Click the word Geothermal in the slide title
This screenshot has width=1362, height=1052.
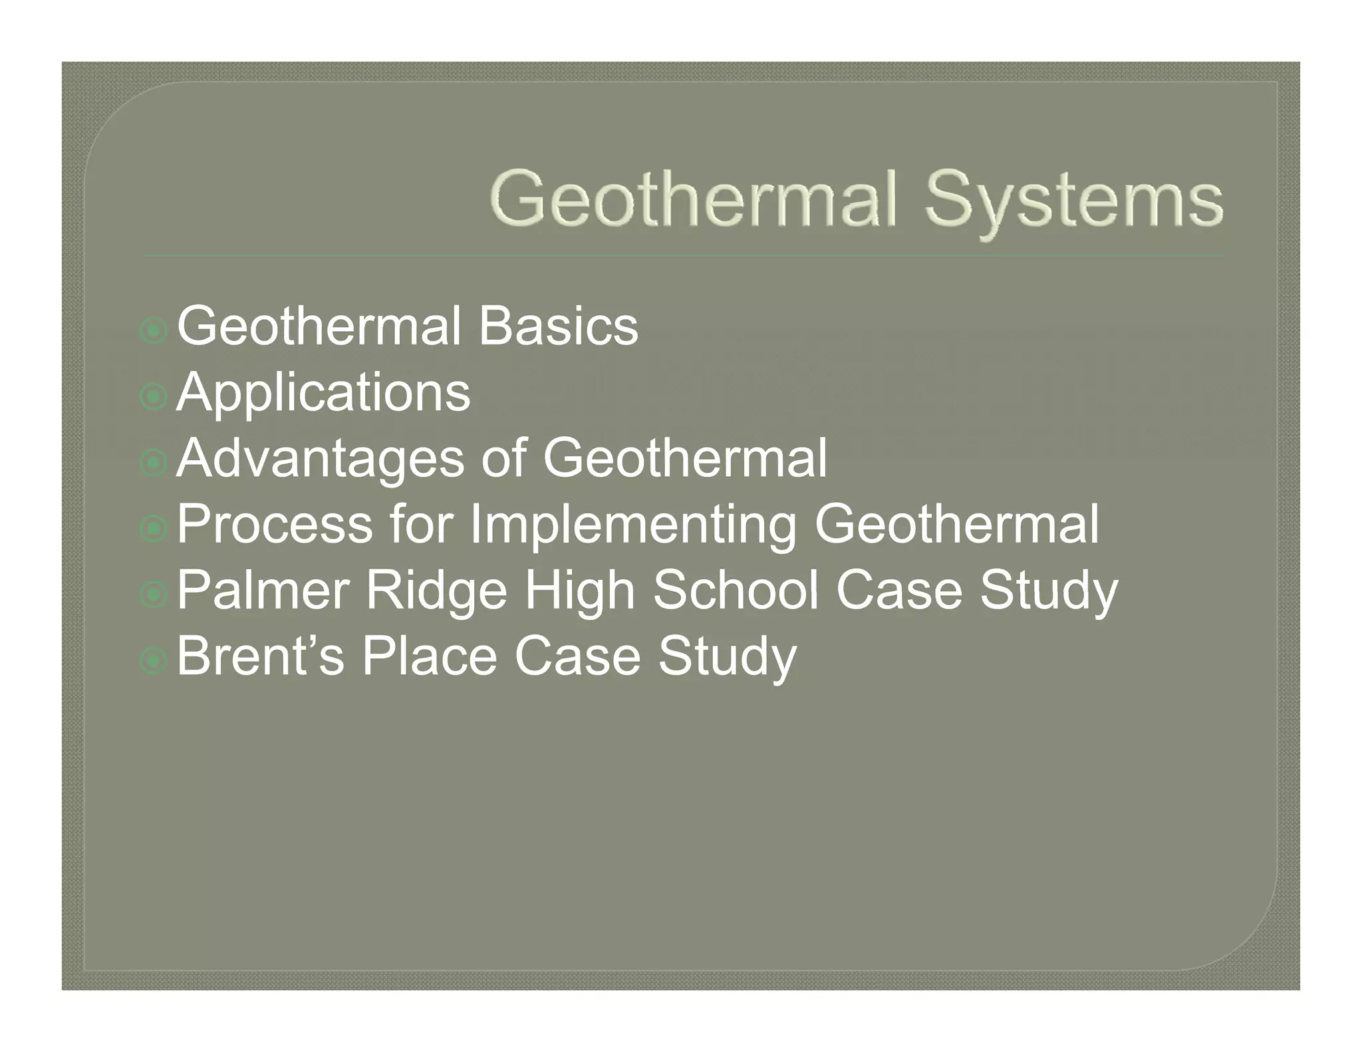pos(696,197)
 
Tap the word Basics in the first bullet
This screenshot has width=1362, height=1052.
pos(558,327)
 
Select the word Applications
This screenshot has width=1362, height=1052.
pos(323,393)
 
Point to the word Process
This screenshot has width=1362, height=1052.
pos(274,524)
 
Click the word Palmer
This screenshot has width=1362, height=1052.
pos(263,590)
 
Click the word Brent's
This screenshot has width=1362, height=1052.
pos(261,656)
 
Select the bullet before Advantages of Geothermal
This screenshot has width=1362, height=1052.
pos(154,463)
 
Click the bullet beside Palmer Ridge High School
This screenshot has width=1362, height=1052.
pos(154,594)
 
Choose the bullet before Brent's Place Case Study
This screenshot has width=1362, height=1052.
pos(154,660)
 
